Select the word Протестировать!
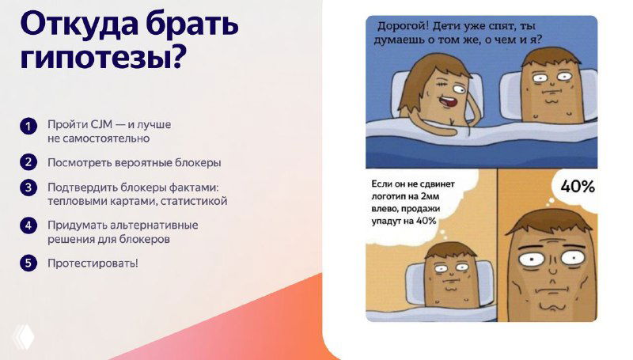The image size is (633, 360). coord(93,263)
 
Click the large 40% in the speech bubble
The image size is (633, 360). coord(577,187)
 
